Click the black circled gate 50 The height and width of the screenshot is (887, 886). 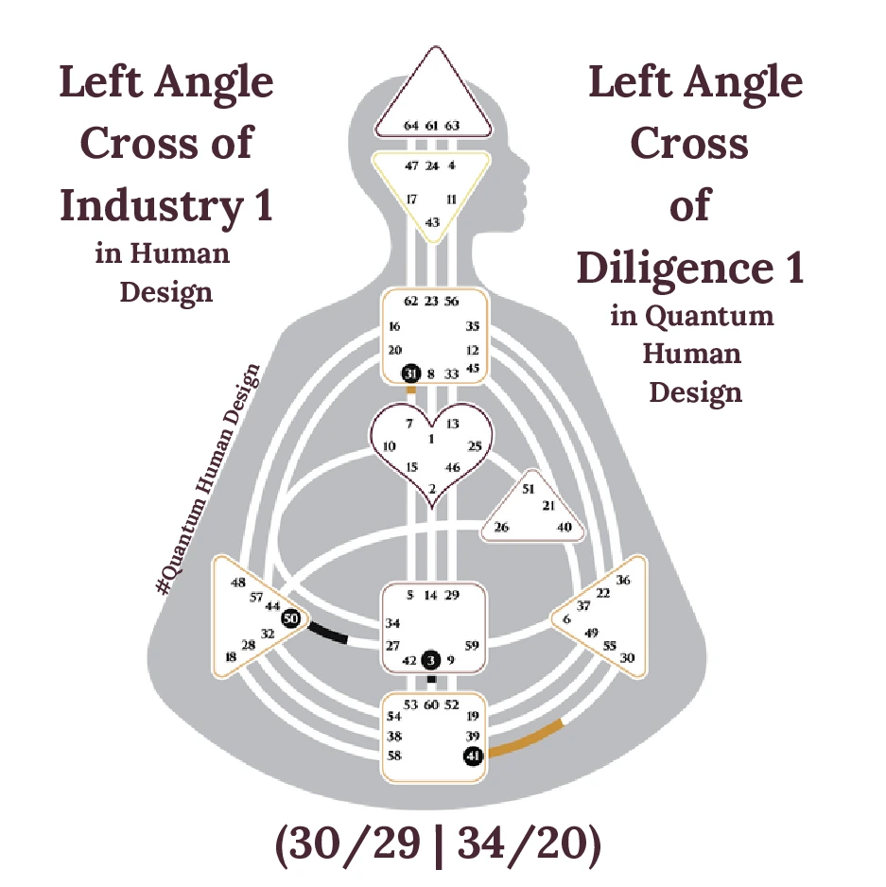(x=291, y=617)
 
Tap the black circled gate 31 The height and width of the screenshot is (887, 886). (x=410, y=374)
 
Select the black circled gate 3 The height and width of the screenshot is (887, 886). (x=431, y=660)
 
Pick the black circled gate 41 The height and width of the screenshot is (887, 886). (x=474, y=756)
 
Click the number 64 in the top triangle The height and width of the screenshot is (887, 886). (x=411, y=125)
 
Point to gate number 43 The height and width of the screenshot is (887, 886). (x=432, y=222)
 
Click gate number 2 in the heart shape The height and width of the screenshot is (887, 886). (x=432, y=489)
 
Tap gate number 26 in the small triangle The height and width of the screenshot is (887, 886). (x=502, y=528)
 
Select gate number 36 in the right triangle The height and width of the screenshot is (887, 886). (x=622, y=580)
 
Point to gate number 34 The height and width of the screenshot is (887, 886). (x=393, y=623)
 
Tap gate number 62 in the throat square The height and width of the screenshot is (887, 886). (x=410, y=302)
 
